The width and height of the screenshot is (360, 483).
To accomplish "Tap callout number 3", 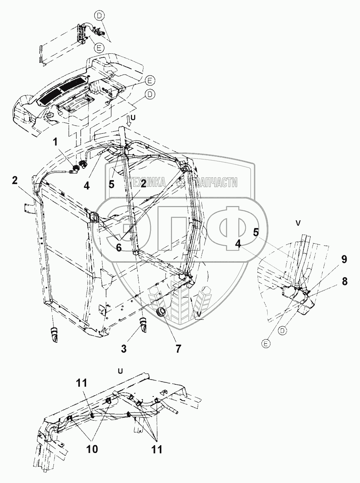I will pos(124,349).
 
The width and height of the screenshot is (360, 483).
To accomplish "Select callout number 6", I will pos(118,247).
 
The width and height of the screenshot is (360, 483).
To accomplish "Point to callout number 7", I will pos(178,349).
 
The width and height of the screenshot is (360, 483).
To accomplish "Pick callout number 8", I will pos(345,281).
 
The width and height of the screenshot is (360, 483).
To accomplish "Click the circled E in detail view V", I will pos(266,344).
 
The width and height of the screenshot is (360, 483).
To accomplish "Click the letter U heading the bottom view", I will pos(120,371).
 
